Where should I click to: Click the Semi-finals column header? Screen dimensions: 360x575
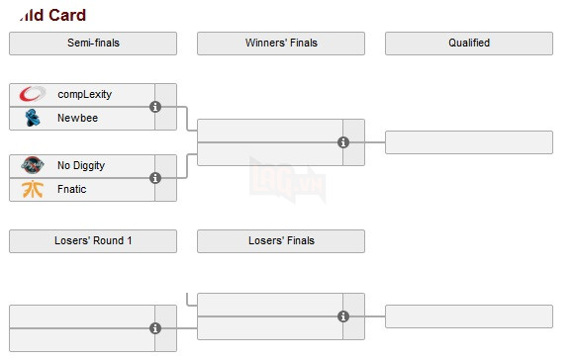click(x=92, y=43)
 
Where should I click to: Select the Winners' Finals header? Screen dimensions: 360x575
click(x=281, y=43)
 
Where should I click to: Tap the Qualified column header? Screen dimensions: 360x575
click(x=468, y=43)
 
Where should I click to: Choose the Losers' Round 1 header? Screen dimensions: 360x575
click(x=92, y=240)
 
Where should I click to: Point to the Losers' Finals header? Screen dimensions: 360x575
click(x=281, y=240)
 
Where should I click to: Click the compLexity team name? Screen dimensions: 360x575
click(x=84, y=94)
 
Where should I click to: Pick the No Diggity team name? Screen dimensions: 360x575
click(x=81, y=165)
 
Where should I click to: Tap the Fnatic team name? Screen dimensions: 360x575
click(x=72, y=189)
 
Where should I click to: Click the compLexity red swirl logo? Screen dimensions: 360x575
click(x=32, y=94)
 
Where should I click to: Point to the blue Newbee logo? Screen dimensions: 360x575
click(x=32, y=118)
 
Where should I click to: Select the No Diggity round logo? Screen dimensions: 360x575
click(x=32, y=165)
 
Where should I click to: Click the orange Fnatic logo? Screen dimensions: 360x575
click(x=32, y=189)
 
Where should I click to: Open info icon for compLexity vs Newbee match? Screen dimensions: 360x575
click(x=155, y=107)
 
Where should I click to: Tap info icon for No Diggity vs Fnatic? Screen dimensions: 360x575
click(x=155, y=178)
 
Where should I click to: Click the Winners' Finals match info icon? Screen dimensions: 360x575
click(x=343, y=142)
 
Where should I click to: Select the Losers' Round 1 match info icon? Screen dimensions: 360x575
click(x=155, y=328)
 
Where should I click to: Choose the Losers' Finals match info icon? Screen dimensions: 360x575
click(x=343, y=316)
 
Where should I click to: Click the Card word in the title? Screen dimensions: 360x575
click(x=67, y=15)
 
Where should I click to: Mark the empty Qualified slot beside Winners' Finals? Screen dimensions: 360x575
click(x=468, y=142)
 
